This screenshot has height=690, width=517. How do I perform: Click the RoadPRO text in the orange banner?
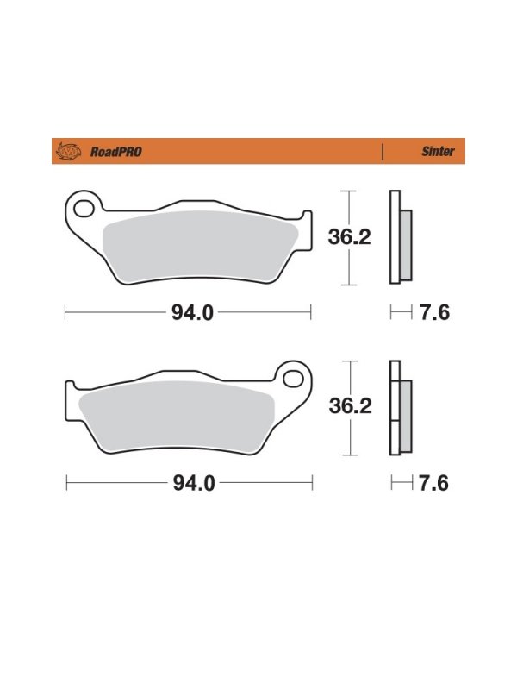coord(116,152)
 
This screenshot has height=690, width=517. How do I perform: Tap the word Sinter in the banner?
coord(438,152)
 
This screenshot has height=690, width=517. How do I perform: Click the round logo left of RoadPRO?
coord(69,152)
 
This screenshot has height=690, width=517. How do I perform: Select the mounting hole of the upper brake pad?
coord(84,209)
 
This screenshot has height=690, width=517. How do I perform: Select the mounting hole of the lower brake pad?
coord(293,379)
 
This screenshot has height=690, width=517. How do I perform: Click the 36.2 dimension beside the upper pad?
coord(350,237)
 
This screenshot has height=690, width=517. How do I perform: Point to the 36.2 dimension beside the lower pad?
coord(351,405)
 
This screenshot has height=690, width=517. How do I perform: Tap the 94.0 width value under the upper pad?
coord(192,313)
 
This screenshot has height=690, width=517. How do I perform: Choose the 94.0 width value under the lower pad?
coord(194,484)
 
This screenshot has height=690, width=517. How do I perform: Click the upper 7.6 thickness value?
coord(435,313)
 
